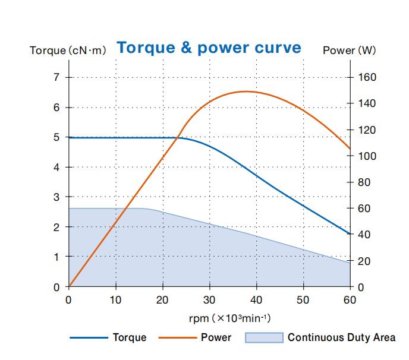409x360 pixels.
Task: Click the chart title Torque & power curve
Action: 209,48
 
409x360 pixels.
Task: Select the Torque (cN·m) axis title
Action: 68,50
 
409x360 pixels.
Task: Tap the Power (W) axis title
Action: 349,50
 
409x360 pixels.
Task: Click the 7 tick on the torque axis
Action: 56,77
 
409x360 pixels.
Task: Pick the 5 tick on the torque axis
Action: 56,137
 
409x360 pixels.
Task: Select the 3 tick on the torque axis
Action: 56,197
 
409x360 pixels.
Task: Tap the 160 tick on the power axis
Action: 367,77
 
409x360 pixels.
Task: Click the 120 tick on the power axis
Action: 367,130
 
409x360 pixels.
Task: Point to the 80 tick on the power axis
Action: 364,182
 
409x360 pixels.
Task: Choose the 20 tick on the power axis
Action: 364,261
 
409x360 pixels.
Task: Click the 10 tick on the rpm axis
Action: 115,300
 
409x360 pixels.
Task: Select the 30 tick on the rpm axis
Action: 209,300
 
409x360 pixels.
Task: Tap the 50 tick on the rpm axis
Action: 303,300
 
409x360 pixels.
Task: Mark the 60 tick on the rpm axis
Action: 350,300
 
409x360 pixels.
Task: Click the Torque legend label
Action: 129,337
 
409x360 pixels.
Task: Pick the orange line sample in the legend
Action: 176,337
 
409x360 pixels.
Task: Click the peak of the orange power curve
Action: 245,91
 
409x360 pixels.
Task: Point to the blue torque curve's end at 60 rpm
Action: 350,234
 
